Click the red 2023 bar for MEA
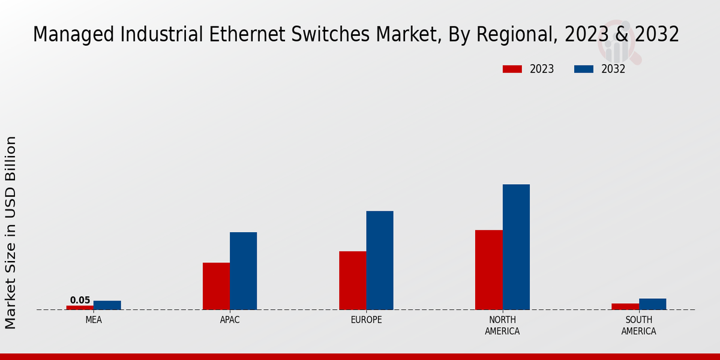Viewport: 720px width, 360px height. (80, 307)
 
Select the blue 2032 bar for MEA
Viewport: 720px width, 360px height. (107, 305)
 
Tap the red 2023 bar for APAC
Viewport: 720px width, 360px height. (216, 286)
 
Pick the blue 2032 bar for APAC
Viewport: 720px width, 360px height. (243, 271)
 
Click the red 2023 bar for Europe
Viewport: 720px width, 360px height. (352, 280)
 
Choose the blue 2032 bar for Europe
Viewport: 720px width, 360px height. (380, 260)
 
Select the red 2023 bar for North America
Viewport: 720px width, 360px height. (488, 270)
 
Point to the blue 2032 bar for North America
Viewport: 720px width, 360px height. (516, 247)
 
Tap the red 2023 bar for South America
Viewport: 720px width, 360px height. (625, 307)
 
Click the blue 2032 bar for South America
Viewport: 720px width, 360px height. (652, 304)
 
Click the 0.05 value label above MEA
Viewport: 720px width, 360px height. (80, 300)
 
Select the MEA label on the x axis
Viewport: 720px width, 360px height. (94, 320)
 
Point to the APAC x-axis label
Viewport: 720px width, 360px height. (230, 320)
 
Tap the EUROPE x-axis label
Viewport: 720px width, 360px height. (366, 320)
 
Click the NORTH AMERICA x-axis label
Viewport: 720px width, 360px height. (502, 325)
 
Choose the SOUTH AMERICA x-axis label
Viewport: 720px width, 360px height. (638, 325)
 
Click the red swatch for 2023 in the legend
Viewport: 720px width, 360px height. (512, 69)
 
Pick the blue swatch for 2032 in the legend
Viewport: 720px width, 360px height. (583, 69)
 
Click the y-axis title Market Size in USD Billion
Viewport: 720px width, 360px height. (11, 232)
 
